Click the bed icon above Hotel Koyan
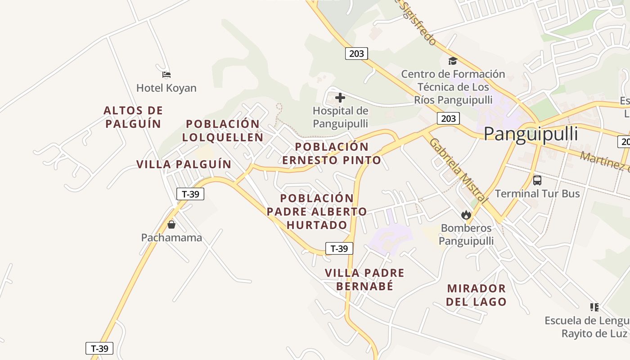166,74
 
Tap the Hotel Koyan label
166,88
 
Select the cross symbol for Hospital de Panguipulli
340,97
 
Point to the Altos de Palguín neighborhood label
133,117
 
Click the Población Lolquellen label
223,130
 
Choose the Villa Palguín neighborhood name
184,164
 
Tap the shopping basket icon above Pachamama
171,224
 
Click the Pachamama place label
171,238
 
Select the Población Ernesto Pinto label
332,153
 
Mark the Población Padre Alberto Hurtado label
317,211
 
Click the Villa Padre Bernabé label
364,279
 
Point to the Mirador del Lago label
476,295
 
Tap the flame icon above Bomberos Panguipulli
466,215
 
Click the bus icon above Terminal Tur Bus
537,180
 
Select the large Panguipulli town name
531,135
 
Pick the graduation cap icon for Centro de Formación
453,61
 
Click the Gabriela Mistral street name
458,170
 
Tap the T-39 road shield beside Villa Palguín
190,194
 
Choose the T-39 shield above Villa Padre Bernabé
339,248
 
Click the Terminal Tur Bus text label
537,193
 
